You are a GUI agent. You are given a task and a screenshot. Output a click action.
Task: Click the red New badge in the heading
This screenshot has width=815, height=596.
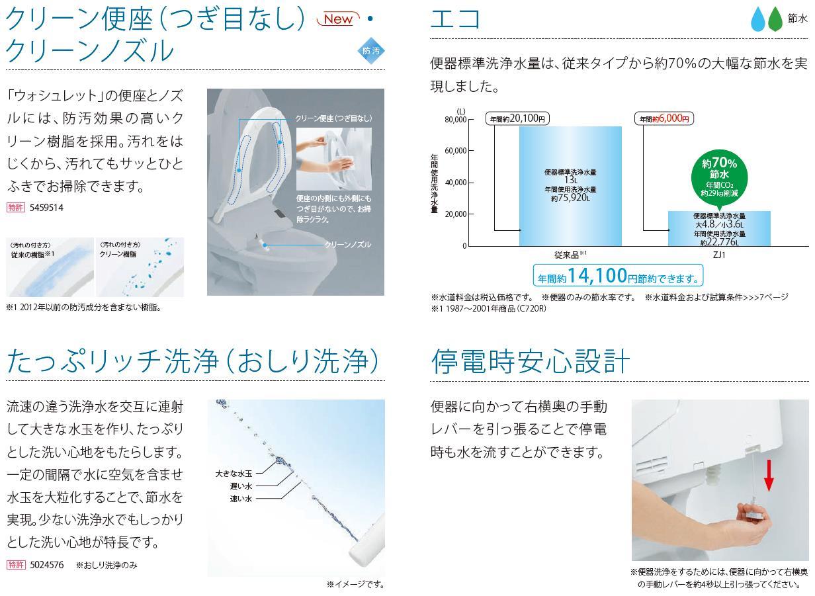pos(338,19)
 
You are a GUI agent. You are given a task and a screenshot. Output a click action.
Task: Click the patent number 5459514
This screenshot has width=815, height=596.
pos(46,208)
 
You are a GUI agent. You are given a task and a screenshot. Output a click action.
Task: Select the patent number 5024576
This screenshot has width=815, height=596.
pos(46,564)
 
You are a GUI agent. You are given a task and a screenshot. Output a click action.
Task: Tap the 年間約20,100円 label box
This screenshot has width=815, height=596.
pos(518,119)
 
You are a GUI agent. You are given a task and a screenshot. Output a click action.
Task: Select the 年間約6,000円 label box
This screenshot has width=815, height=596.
pos(664,119)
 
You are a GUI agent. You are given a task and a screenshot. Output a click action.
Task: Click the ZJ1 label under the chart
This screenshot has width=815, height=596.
pos(719,255)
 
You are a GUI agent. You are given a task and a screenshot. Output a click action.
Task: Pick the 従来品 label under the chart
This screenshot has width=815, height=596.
pos(569,255)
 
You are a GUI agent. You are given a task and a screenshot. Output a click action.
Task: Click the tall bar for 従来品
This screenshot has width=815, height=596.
pos(570,185)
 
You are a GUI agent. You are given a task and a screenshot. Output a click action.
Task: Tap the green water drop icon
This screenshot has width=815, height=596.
pos(775,20)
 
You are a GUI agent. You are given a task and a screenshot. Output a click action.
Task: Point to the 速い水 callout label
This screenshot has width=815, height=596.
pos(241,499)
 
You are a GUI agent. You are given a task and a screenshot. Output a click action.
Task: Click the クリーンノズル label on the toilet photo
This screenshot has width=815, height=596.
pos(347,245)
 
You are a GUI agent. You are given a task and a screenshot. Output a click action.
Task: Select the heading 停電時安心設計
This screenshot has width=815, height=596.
pos(529,361)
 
